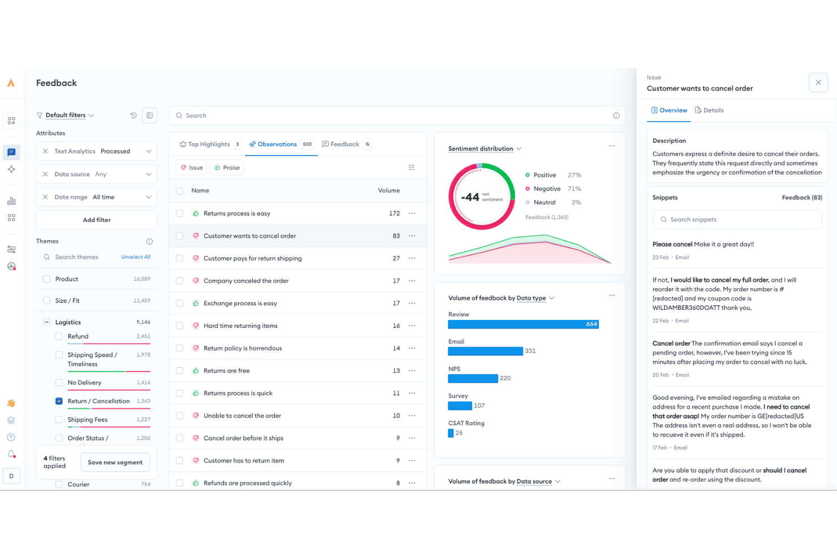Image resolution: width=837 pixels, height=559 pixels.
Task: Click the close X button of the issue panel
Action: pos(818,82)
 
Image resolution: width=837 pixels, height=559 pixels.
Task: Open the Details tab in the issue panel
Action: pos(709,110)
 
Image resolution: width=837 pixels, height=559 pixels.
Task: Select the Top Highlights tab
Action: pos(210,144)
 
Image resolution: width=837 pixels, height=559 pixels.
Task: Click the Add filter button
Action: pos(97,220)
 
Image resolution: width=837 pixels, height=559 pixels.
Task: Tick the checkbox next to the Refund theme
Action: pos(59,336)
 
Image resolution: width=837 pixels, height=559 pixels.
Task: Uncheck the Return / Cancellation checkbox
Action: pos(59,401)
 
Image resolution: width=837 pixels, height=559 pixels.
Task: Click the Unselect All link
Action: pos(136,257)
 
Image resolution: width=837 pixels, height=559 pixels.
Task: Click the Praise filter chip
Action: pos(227,168)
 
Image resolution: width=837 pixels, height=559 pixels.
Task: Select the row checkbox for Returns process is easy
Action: pos(179,214)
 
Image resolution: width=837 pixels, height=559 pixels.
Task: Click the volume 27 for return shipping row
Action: pos(396,258)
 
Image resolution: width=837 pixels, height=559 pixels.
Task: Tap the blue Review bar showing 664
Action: pos(523,324)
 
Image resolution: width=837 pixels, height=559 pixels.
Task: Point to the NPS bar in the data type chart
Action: pos(473,378)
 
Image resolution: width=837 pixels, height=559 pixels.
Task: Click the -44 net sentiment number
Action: pos(470,197)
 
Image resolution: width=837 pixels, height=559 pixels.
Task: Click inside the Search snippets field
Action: pos(737,220)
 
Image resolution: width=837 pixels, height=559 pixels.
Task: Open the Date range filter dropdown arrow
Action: pos(149,197)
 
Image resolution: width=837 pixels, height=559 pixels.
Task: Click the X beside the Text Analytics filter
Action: pos(45,151)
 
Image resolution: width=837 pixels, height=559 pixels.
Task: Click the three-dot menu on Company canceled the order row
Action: pos(412,280)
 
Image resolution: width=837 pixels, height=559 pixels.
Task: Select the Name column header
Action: pos(200,190)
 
